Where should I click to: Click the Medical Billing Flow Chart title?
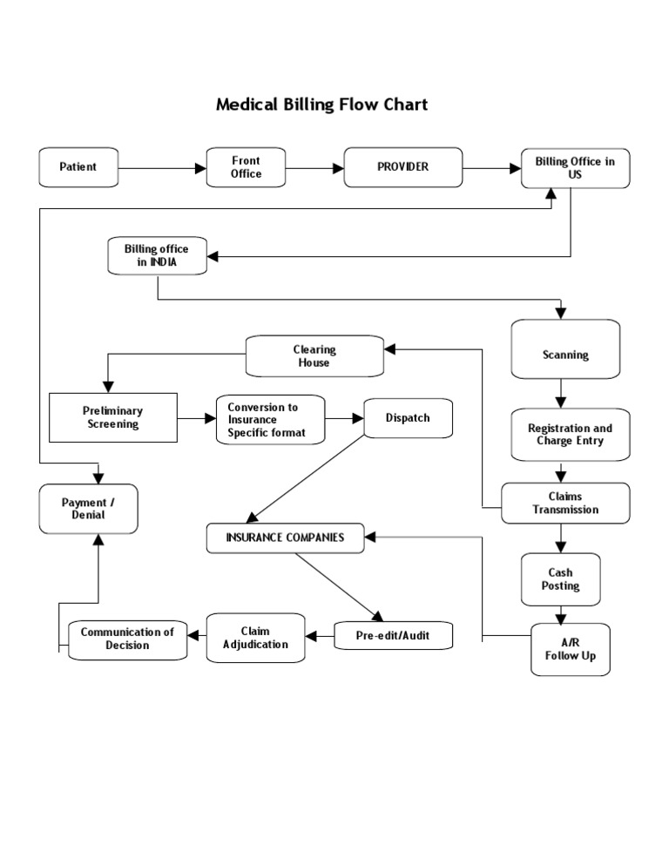(x=321, y=105)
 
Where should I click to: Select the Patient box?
(x=78, y=167)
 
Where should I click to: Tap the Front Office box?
(x=246, y=167)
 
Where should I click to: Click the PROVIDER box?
(x=402, y=167)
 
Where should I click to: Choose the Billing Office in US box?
(x=575, y=168)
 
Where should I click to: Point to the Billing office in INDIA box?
(x=157, y=256)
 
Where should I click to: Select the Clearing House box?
(x=314, y=356)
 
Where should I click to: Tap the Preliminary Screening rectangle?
(x=112, y=417)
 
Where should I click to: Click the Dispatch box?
(x=408, y=418)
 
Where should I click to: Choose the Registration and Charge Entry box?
(x=570, y=435)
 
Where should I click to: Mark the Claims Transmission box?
(x=565, y=504)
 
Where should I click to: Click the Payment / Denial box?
(x=88, y=509)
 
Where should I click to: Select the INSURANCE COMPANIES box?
(x=285, y=538)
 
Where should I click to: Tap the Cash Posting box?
(x=560, y=580)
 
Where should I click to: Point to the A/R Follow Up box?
(x=571, y=649)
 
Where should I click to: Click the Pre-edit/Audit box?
(x=393, y=637)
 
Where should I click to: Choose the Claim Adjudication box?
(x=255, y=638)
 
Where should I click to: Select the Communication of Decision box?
(x=127, y=639)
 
